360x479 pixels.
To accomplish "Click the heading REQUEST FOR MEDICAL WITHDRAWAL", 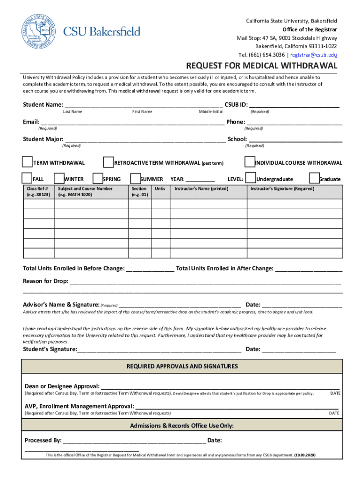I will pyautogui.click(x=262, y=65).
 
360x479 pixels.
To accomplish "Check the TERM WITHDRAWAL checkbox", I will pyautogui.click(x=28, y=162).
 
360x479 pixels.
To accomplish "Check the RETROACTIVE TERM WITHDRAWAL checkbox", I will pyautogui.click(x=108, y=162).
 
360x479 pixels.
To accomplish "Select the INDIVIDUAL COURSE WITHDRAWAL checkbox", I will pyautogui.click(x=249, y=162).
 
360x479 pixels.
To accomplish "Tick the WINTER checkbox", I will pyautogui.click(x=59, y=178).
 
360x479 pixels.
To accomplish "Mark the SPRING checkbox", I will pyautogui.click(x=98, y=178).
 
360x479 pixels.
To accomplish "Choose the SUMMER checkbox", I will pyautogui.click(x=136, y=178).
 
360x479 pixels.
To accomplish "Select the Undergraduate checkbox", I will pyautogui.click(x=251, y=178).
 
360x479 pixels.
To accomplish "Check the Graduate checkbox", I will pyautogui.click(x=314, y=178).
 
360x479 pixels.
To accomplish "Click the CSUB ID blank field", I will pyautogui.click(x=294, y=104).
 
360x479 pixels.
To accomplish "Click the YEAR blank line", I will pyautogui.click(x=201, y=180).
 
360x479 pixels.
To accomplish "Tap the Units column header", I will pyautogui.click(x=160, y=189).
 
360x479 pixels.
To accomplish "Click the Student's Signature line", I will pyautogui.click(x=159, y=349).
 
